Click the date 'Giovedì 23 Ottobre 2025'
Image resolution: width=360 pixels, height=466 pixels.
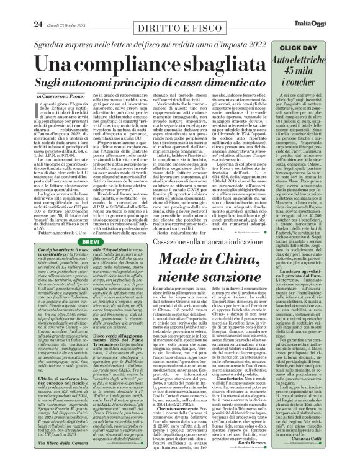[47, 9]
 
